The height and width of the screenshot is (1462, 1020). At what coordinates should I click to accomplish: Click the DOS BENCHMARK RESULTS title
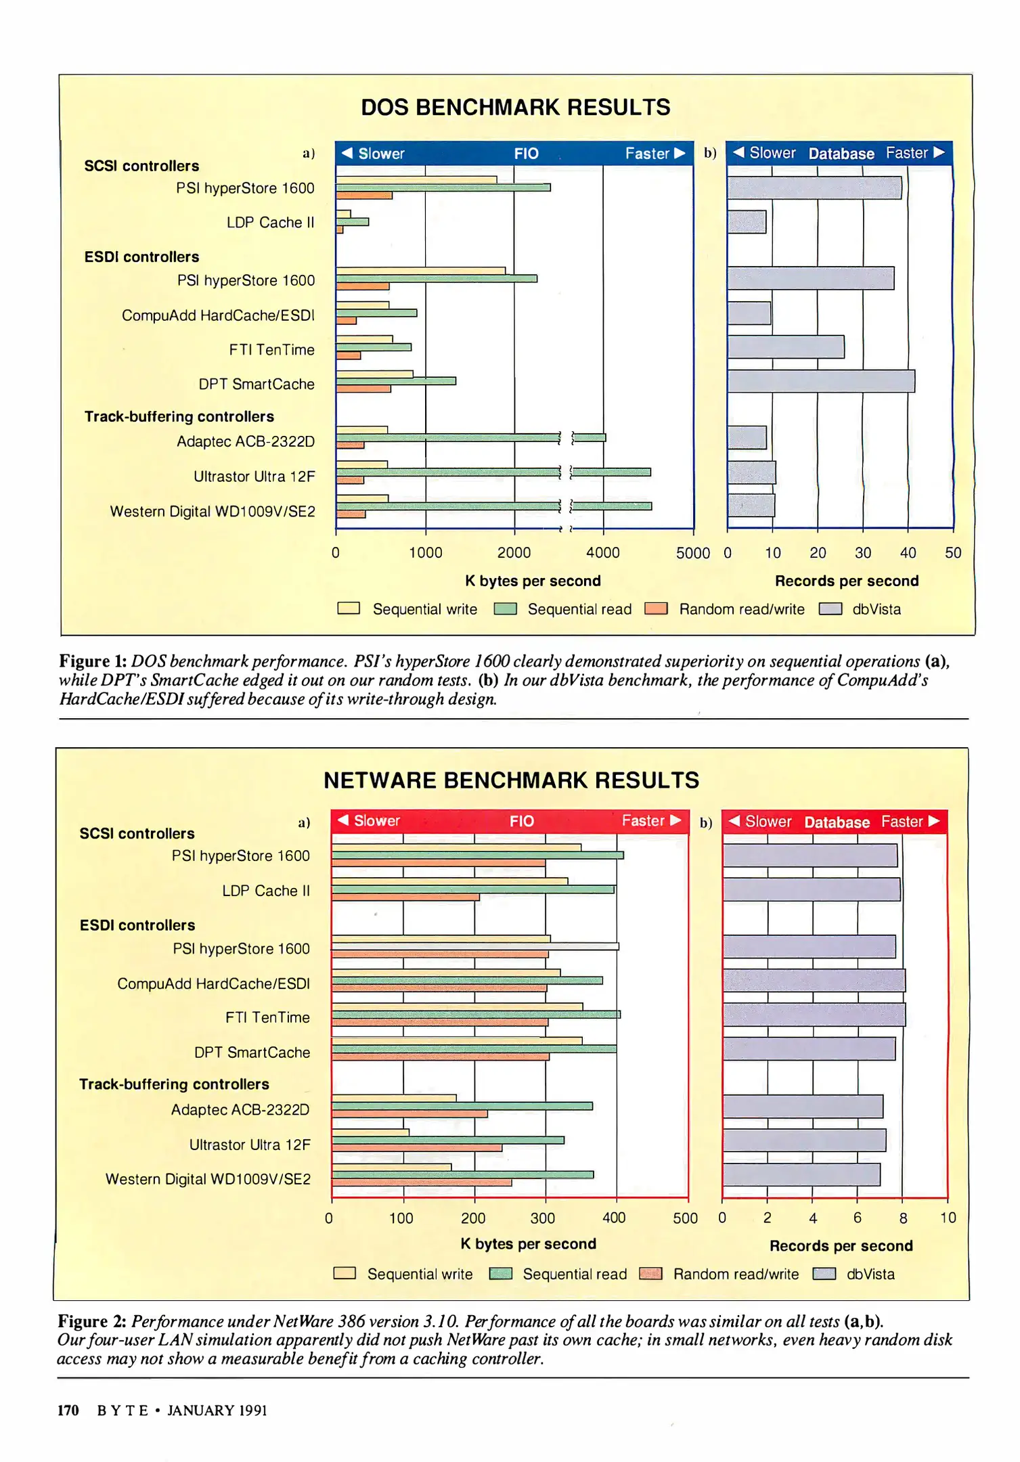click(x=515, y=108)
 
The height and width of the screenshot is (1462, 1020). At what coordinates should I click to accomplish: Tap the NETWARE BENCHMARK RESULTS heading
click(x=511, y=780)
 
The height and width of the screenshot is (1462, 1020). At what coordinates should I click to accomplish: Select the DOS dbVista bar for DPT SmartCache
click(x=821, y=381)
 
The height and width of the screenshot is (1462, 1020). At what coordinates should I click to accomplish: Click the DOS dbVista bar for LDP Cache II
click(x=747, y=222)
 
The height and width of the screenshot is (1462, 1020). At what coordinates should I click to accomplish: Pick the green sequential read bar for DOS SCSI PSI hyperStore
click(x=443, y=187)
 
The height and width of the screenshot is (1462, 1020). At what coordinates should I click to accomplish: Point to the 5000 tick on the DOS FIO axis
click(x=692, y=553)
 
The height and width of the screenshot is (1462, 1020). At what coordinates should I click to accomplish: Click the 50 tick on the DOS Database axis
click(x=952, y=553)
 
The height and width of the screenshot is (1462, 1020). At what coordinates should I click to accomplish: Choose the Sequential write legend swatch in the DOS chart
click(x=349, y=608)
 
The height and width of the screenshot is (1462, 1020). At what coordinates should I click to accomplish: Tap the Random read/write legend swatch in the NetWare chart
click(x=650, y=1274)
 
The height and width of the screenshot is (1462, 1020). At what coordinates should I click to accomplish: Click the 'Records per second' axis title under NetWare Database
click(x=841, y=1245)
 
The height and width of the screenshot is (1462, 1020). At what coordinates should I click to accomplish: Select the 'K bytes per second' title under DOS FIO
click(x=533, y=581)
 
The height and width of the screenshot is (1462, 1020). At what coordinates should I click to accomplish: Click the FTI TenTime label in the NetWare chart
click(x=267, y=1017)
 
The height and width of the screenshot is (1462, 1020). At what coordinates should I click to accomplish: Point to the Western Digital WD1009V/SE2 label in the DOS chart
click(x=213, y=512)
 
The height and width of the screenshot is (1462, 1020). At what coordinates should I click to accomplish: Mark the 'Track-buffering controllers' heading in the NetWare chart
click(x=174, y=1084)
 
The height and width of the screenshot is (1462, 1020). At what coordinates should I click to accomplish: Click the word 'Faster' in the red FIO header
click(x=643, y=821)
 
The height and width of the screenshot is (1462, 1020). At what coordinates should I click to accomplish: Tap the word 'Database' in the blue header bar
click(x=841, y=154)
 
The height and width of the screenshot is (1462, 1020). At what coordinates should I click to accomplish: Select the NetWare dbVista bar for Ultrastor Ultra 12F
click(x=804, y=1140)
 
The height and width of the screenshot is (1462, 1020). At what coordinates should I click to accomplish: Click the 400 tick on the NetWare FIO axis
click(x=614, y=1218)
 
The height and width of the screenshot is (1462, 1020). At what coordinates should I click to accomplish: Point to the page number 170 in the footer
click(x=68, y=1411)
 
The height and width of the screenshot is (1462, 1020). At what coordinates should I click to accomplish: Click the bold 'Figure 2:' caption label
click(x=92, y=1321)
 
